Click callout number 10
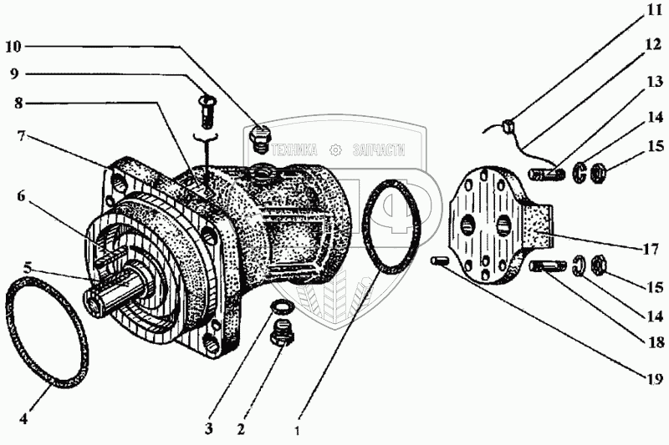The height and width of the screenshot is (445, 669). (x=17, y=45)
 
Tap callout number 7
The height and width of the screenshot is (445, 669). (x=17, y=136)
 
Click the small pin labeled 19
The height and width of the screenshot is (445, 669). (x=440, y=262)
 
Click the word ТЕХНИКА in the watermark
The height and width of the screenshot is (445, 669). (x=292, y=151)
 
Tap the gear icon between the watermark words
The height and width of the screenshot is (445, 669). (x=335, y=150)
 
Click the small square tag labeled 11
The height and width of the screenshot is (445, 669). (x=507, y=127)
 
